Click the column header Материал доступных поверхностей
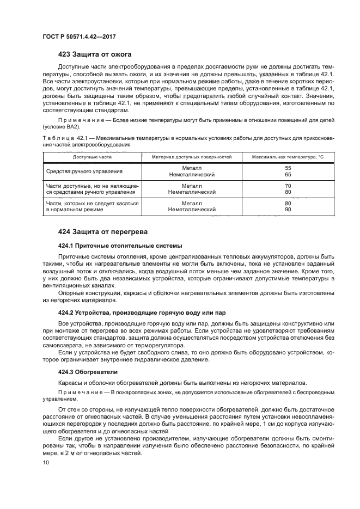(192, 157)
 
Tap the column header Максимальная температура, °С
(288, 157)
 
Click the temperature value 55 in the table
(288, 168)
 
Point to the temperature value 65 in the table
(288, 175)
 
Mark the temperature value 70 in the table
(288, 186)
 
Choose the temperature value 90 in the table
(288, 210)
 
